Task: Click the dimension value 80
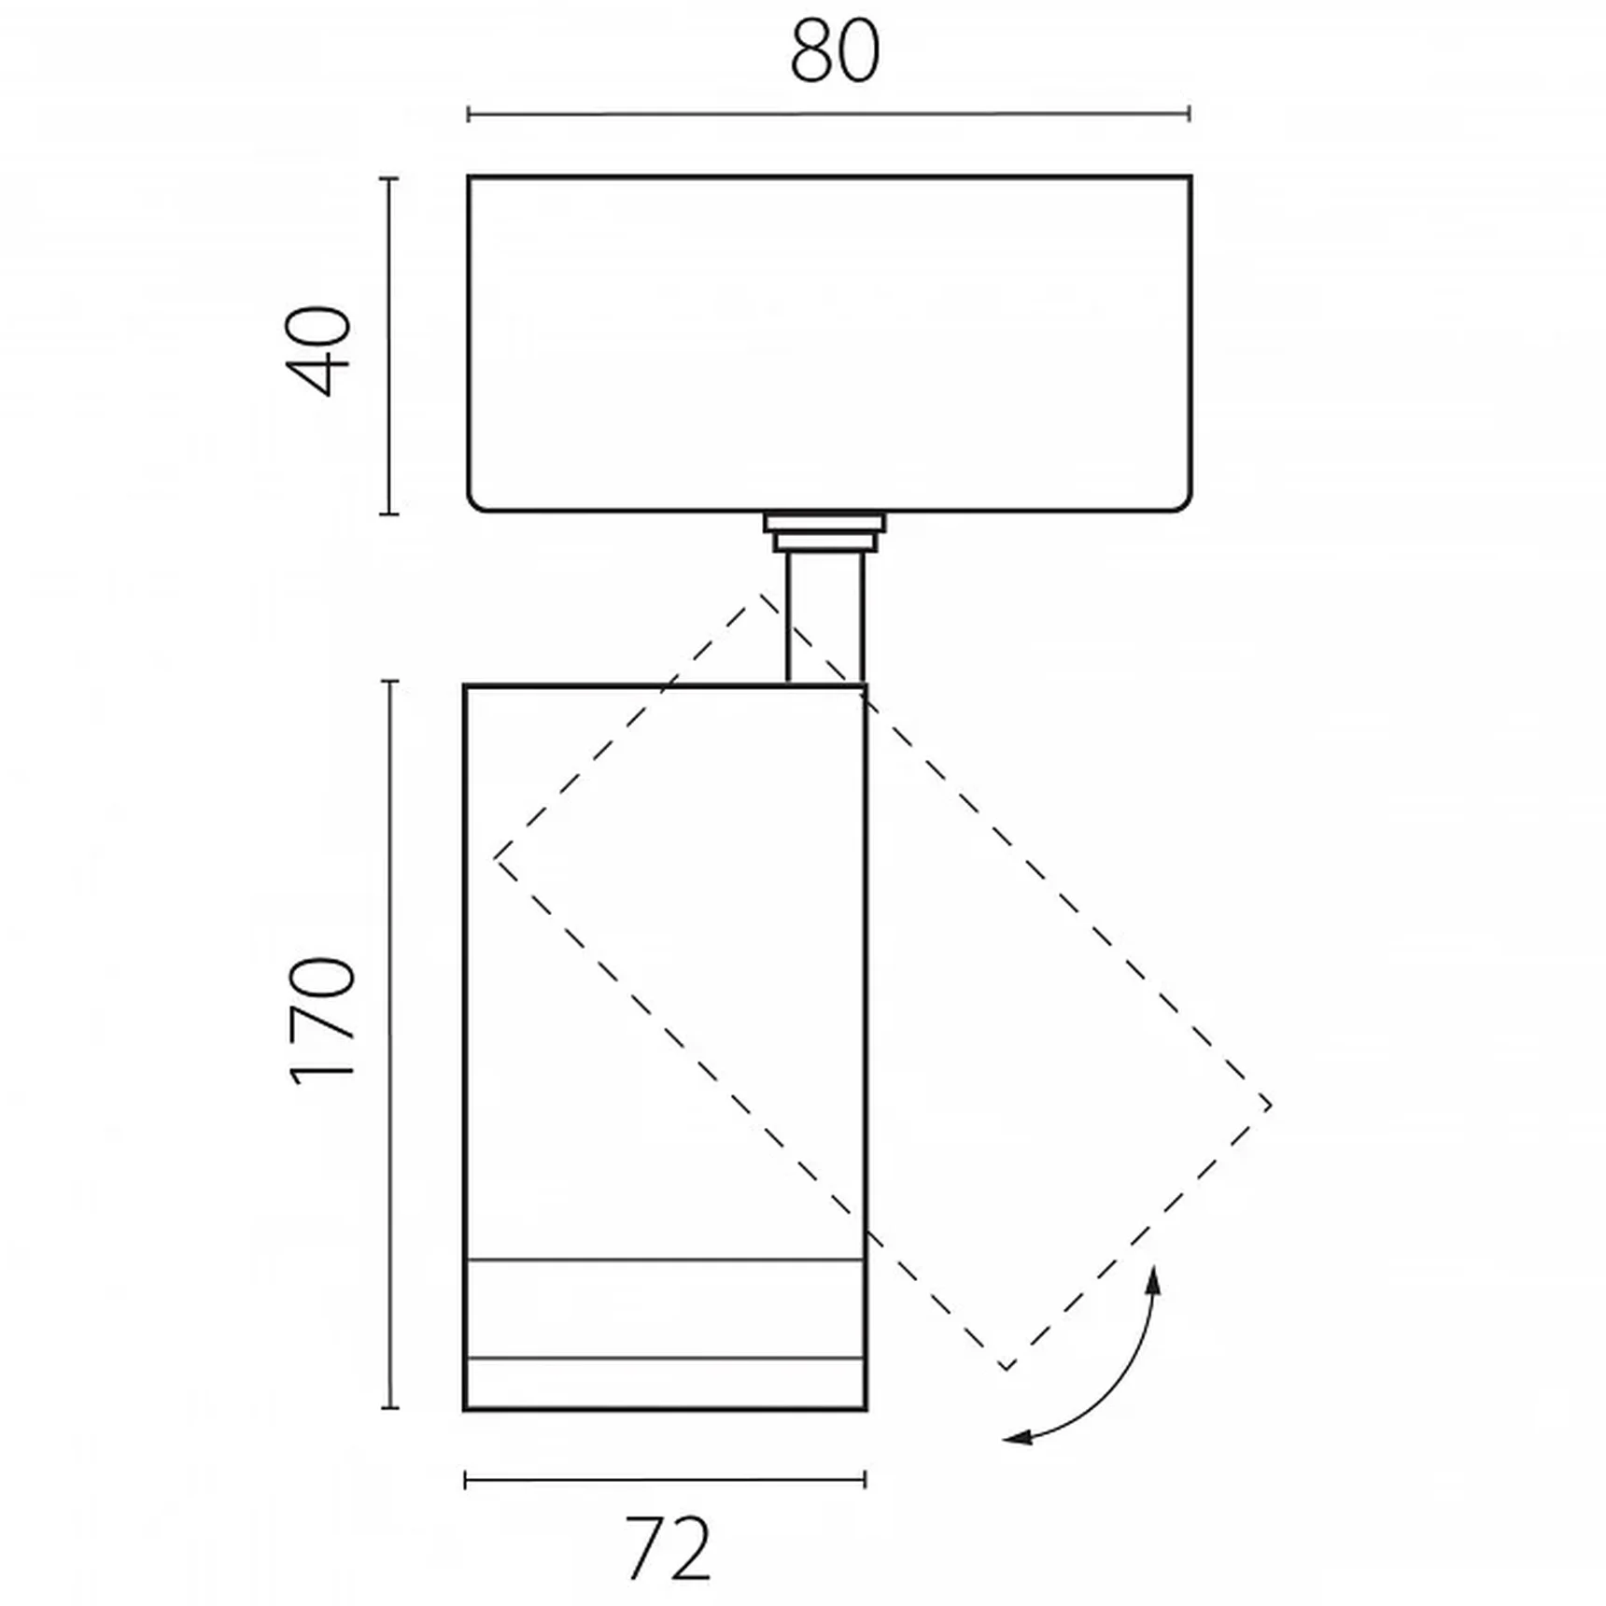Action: [x=835, y=52]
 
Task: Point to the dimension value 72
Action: [x=668, y=1549]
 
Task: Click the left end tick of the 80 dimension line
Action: [x=468, y=115]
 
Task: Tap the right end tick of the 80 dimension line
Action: [x=1189, y=114]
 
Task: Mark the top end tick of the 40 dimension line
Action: [x=390, y=177]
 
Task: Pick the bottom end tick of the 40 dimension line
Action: [x=390, y=513]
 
